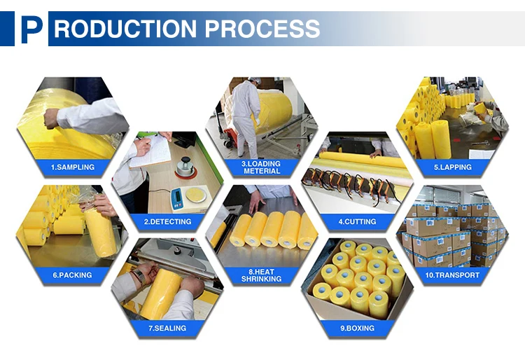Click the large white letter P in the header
[x=31, y=29]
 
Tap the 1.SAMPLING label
[x=72, y=168]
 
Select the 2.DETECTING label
[x=167, y=221]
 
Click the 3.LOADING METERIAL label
[x=261, y=167]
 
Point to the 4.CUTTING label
[x=357, y=221]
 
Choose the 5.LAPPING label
[x=452, y=168]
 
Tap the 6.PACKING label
[x=72, y=275]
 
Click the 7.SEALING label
[x=167, y=328]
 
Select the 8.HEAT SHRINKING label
[x=262, y=274]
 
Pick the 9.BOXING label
[x=357, y=328]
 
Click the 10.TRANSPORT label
[x=452, y=275]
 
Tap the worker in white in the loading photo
[x=244, y=112]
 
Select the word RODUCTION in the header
[x=124, y=29]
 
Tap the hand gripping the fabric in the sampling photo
[x=51, y=118]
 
